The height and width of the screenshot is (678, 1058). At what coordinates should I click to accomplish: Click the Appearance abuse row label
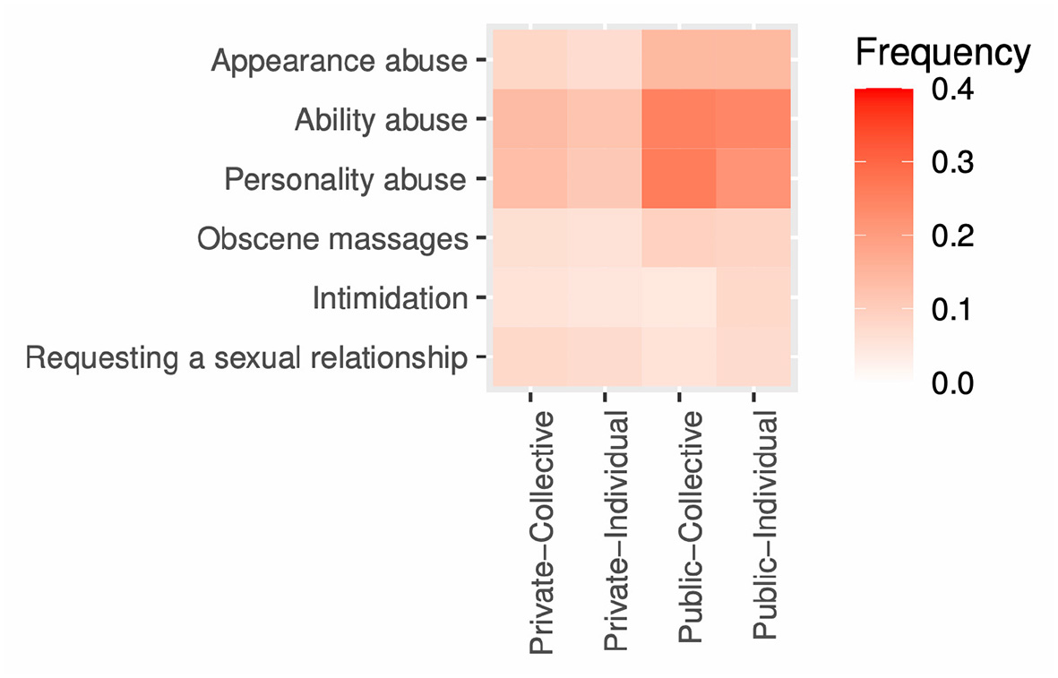click(x=339, y=62)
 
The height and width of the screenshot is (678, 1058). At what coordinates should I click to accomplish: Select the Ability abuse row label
click(x=381, y=121)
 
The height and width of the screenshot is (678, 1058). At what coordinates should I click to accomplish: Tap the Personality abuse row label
click(x=345, y=180)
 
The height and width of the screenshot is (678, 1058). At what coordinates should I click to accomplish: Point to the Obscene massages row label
click(x=332, y=239)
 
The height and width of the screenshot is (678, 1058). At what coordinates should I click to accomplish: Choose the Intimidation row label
click(x=390, y=298)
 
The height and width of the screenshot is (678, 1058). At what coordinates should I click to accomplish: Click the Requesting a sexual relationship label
click(x=246, y=358)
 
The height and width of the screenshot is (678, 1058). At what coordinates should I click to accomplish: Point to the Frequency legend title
click(x=942, y=54)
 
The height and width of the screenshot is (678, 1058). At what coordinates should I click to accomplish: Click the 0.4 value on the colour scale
click(x=953, y=90)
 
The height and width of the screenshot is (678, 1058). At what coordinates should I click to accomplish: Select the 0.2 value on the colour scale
click(x=953, y=236)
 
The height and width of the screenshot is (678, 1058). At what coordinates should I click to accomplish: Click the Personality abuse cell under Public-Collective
click(x=679, y=178)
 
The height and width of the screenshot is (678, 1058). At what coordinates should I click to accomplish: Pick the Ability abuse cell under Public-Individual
click(x=753, y=119)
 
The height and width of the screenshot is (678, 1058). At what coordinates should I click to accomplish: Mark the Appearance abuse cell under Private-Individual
click(x=605, y=59)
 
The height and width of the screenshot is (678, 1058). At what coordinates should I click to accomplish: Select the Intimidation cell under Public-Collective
click(x=679, y=297)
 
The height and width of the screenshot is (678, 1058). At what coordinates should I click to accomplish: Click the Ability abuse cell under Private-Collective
click(x=530, y=119)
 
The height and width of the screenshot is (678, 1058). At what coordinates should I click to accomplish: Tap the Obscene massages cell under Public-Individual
click(x=753, y=237)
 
